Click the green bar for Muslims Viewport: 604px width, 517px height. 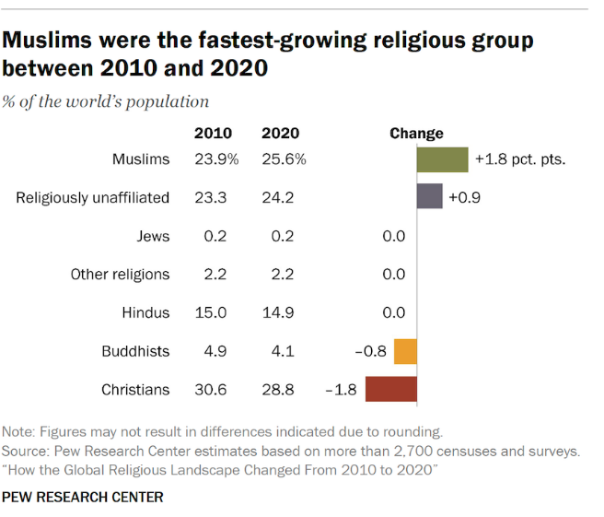tap(442, 159)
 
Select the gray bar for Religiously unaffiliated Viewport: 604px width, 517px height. tap(429, 197)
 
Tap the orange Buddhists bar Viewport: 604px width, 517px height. tap(405, 351)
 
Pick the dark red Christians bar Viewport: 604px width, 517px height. tap(391, 390)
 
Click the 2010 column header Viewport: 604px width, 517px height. tap(213, 134)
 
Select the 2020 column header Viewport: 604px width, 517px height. tap(280, 134)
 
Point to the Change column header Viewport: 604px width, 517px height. tap(416, 134)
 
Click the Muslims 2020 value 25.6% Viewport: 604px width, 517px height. tap(284, 159)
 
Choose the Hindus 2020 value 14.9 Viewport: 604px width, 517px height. tap(277, 312)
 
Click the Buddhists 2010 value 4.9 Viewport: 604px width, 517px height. tap(216, 351)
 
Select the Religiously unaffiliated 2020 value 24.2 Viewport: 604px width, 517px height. tap(277, 197)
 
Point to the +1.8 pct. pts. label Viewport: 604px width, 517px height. tap(519, 159)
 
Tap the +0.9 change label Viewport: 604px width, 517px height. tap(466, 197)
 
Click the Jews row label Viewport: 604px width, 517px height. tap(153, 236)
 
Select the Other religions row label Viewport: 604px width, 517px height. tap(121, 275)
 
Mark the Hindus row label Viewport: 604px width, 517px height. tap(146, 312)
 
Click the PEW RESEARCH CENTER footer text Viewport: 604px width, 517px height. tap(83, 497)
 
